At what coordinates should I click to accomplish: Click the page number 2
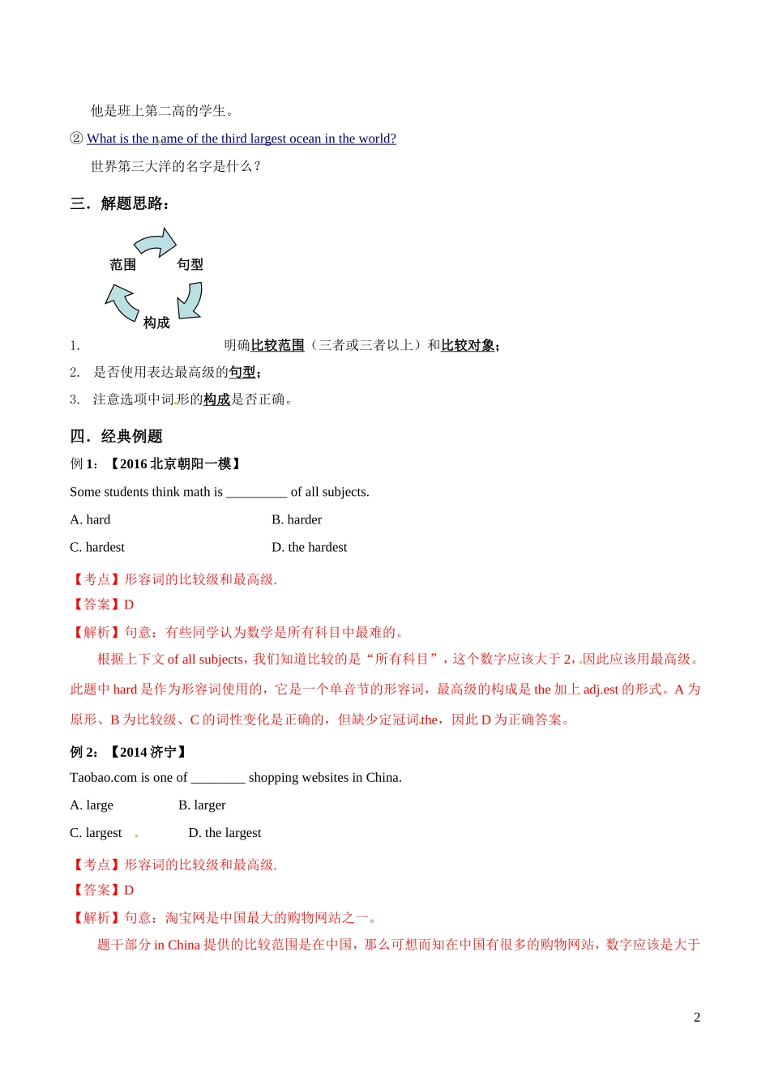click(697, 1018)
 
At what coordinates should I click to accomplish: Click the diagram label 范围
click(123, 265)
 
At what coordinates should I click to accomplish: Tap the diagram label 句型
click(190, 265)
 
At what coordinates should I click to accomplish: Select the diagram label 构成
click(156, 322)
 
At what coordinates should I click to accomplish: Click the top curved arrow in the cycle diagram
click(156, 242)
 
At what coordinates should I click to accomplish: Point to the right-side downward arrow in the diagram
click(190, 301)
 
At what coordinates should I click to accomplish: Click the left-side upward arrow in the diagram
click(122, 302)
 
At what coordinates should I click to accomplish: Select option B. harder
click(297, 519)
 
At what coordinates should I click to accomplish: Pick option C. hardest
click(97, 547)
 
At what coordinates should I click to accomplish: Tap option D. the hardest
click(309, 547)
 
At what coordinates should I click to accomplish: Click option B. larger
click(202, 805)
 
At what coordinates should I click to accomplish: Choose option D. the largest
click(225, 832)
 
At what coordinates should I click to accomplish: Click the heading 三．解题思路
click(120, 203)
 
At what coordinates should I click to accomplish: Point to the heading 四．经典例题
click(117, 437)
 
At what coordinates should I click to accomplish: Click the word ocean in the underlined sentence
click(306, 139)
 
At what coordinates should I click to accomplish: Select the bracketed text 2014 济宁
click(148, 752)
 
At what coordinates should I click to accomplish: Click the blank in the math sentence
click(256, 492)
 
